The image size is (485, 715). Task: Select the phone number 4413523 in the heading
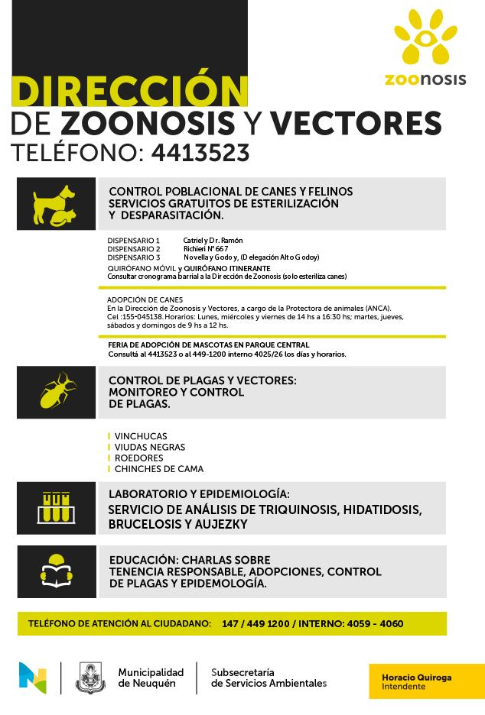click(x=200, y=153)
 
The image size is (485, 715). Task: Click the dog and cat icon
click(x=55, y=204)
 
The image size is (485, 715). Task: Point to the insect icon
click(x=57, y=391)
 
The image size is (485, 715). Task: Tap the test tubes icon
click(x=56, y=507)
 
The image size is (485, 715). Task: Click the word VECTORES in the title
click(x=356, y=123)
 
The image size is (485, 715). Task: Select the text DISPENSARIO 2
click(x=134, y=249)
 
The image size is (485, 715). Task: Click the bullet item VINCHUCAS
click(x=141, y=437)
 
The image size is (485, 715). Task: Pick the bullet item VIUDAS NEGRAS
click(x=150, y=448)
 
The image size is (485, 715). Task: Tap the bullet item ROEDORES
click(x=138, y=458)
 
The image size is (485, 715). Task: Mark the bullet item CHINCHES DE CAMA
click(x=158, y=469)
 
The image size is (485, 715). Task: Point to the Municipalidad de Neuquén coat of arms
click(x=90, y=678)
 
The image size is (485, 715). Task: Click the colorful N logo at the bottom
click(x=33, y=677)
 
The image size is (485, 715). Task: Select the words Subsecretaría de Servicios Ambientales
click(x=269, y=677)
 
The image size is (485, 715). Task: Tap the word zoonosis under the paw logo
click(x=425, y=79)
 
